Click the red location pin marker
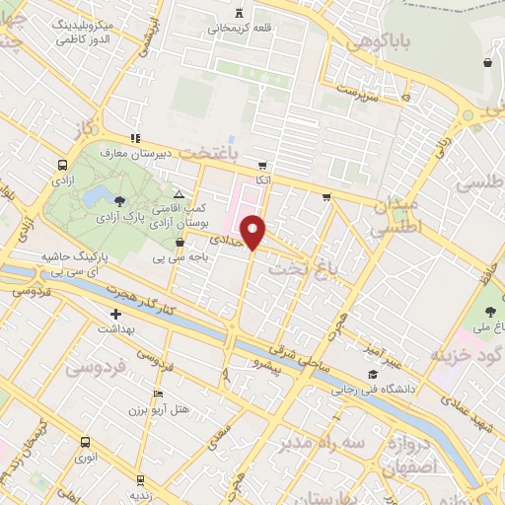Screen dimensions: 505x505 254,231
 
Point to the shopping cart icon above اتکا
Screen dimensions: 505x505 261,166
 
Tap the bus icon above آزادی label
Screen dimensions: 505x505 62,166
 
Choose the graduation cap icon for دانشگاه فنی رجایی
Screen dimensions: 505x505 372,375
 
